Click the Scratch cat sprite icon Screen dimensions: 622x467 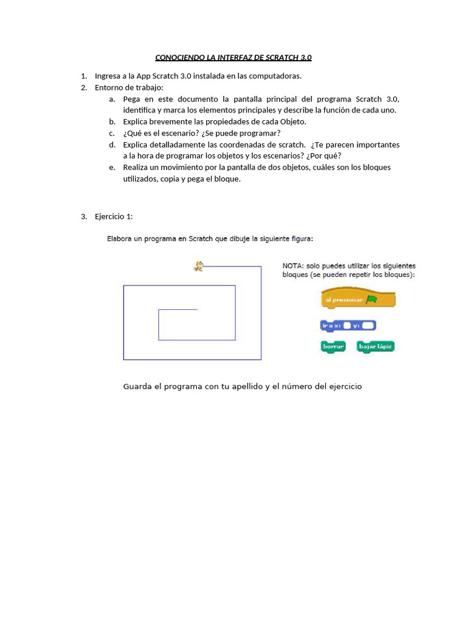[x=198, y=265]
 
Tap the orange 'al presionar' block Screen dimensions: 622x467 [x=358, y=299]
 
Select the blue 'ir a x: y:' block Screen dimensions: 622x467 [x=348, y=326]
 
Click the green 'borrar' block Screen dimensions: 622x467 [x=333, y=346]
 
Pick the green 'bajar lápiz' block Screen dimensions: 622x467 [x=376, y=346]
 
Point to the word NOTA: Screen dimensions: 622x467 [x=293, y=266]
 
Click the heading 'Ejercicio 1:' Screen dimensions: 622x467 [x=114, y=217]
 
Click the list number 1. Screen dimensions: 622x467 [x=83, y=76]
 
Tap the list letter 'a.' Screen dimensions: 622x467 [x=112, y=99]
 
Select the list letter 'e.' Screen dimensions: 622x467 [x=112, y=168]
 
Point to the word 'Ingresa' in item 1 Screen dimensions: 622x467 [x=108, y=76]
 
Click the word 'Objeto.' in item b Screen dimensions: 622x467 [x=293, y=121]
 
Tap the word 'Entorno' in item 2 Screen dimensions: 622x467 [x=109, y=87]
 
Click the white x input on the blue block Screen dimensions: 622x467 [x=347, y=326]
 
